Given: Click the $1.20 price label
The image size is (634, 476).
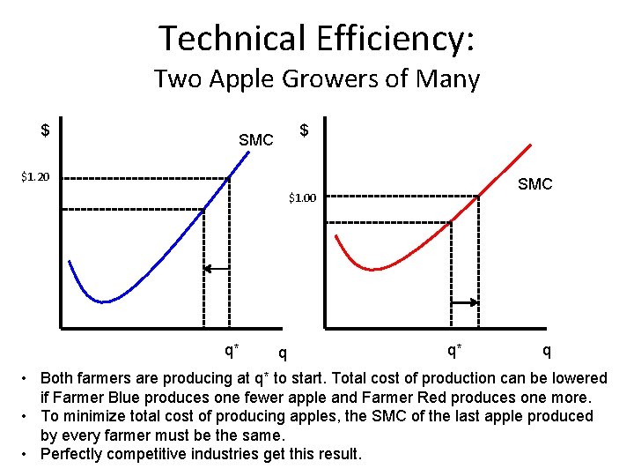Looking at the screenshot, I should (x=35, y=176).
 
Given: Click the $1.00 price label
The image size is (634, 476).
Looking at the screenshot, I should (x=301, y=197).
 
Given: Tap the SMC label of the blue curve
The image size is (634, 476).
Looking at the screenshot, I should (x=256, y=140).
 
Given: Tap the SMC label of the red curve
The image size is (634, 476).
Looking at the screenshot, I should (x=534, y=184).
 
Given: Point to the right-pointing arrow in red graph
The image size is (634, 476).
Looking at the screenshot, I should (x=463, y=303).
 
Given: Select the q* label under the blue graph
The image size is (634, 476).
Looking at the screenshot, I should (x=232, y=350).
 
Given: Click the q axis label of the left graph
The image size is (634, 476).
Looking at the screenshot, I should (x=282, y=353).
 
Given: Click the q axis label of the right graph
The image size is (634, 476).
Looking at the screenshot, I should (x=547, y=350).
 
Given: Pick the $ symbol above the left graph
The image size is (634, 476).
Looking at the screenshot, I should (x=45, y=130).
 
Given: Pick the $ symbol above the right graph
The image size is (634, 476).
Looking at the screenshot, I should (x=304, y=130).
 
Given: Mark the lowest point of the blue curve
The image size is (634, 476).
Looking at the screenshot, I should (x=104, y=301).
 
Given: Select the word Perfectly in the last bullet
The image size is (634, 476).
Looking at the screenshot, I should (x=72, y=454).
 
